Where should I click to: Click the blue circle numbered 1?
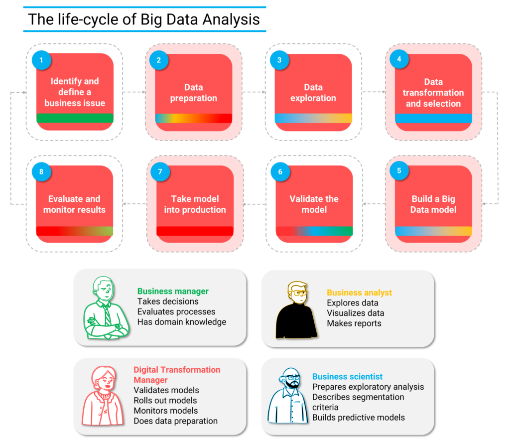pos(41,60)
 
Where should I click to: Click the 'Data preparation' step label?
pos(193,93)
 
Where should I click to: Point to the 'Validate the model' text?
pos(314,204)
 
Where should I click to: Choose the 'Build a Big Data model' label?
pos(433,204)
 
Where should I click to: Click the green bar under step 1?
pos(75,118)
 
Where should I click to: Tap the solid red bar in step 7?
pos(195,231)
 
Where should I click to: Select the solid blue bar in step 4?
pos(433,119)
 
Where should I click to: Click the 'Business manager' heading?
pos(173,291)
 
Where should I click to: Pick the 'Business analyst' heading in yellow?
pos(359,293)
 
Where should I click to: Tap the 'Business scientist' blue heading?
pos(347,376)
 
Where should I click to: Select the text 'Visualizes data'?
pos(355,313)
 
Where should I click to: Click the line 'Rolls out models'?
pos(165,400)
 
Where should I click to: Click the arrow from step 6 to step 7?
pos(254,204)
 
